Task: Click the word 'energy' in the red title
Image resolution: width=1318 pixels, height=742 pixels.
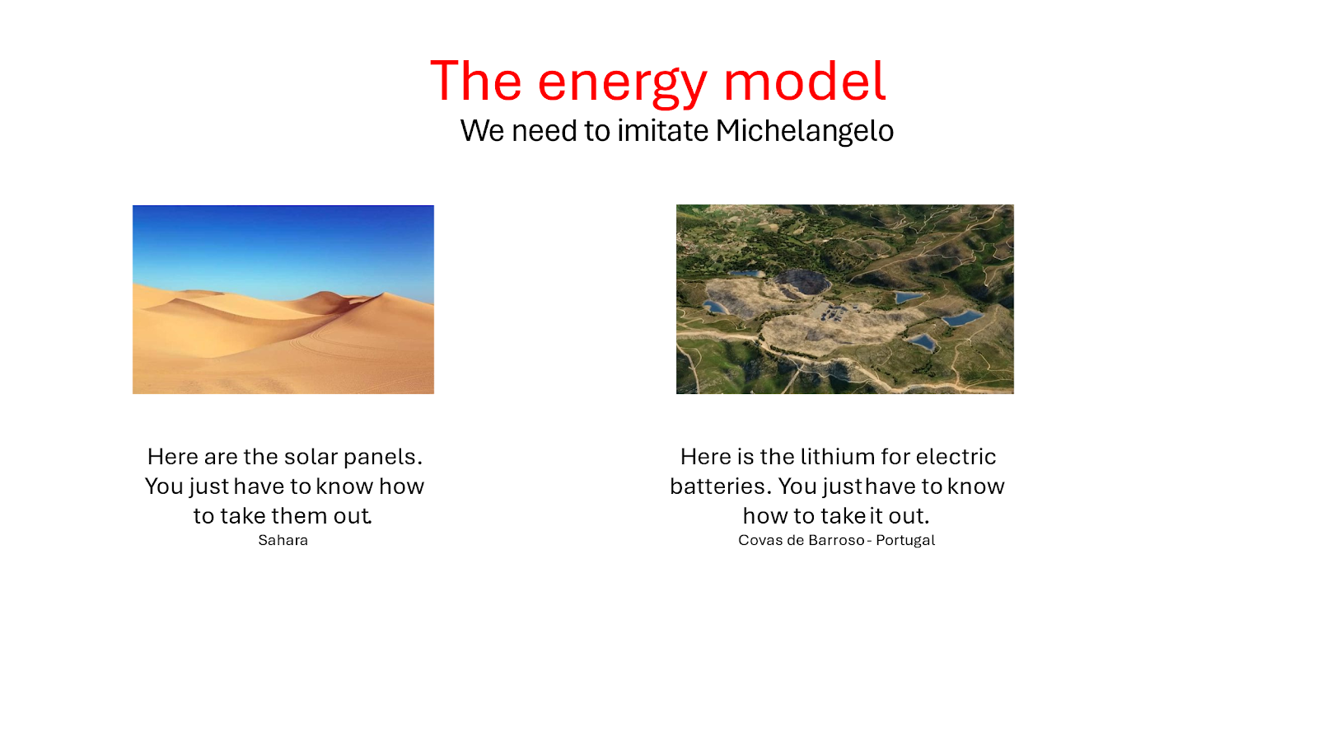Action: point(622,83)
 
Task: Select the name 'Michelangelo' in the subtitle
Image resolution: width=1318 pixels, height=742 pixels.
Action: point(804,131)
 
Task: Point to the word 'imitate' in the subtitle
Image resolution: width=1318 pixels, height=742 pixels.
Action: point(662,130)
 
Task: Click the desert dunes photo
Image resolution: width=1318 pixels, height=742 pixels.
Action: point(283,299)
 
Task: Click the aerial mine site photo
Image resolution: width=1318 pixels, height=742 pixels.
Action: point(845,299)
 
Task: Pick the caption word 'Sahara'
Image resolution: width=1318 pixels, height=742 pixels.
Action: point(283,540)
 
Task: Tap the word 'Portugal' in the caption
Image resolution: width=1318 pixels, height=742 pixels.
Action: point(905,540)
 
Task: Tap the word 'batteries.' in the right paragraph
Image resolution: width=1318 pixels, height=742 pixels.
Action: point(720,486)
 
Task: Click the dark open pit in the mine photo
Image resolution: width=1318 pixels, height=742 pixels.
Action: point(802,281)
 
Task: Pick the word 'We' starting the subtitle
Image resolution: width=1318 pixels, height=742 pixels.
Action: point(482,131)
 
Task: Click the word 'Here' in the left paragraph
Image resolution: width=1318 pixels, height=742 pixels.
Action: point(173,457)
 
